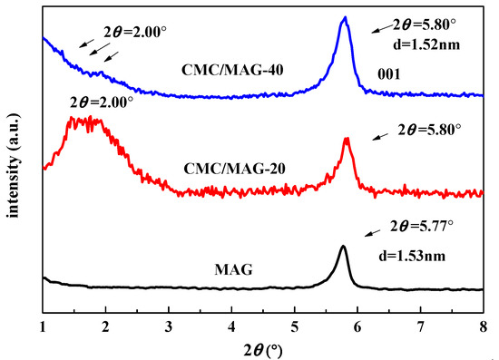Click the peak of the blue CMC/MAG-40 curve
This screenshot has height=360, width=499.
pos(344,18)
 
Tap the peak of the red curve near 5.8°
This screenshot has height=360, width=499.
pos(346,139)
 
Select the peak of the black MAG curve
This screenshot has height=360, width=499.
pos(343,247)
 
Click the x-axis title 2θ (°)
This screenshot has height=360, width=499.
pos(263,348)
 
